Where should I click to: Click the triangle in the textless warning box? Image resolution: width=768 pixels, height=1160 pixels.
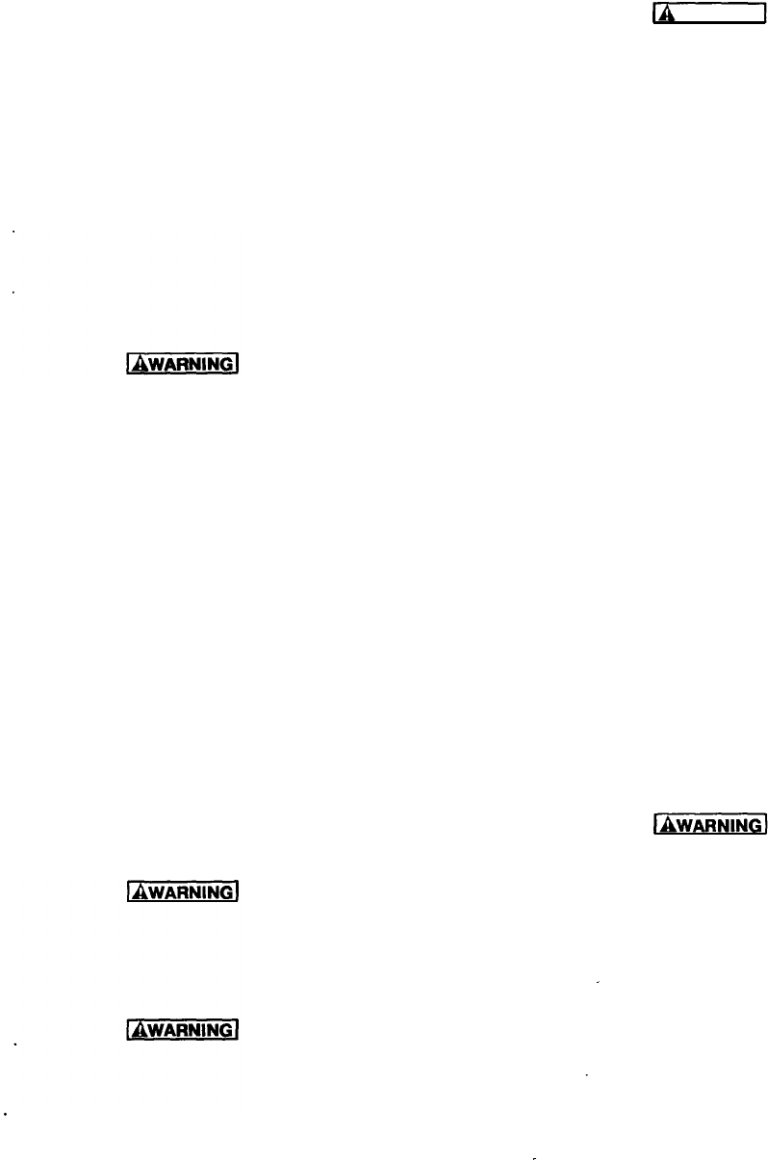663,14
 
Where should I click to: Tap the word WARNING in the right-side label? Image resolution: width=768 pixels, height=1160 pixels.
716,824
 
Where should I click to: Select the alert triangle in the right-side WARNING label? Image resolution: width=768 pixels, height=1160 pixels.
664,824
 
